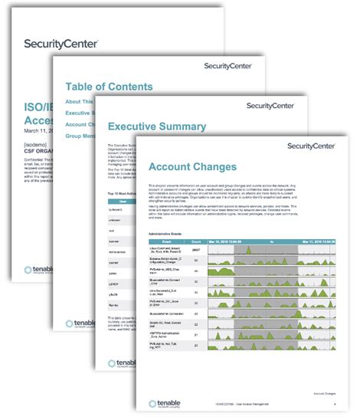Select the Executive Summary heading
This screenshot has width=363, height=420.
(156, 126)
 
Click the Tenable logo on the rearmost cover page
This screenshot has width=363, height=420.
(39, 271)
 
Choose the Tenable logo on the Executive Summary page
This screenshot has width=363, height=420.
(122, 386)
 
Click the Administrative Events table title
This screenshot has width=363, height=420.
(169, 230)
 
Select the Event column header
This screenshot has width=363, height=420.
(166, 239)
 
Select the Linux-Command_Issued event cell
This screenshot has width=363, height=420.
(166, 250)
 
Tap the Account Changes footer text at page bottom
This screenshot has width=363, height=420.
(326, 395)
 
